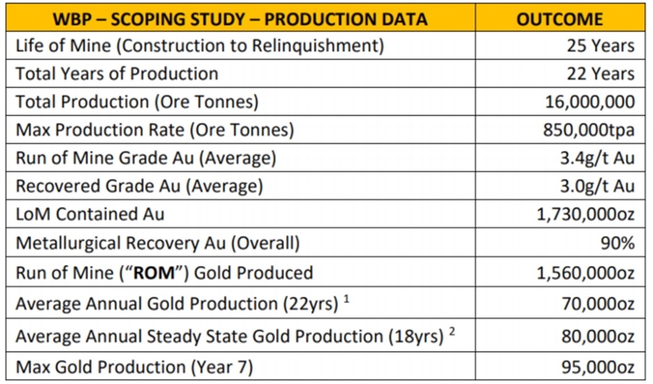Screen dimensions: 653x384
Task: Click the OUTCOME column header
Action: pos(560,19)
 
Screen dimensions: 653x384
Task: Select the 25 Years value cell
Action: pos(600,46)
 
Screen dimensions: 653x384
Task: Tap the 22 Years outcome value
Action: pos(600,74)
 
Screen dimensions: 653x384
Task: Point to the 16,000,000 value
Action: pos(590,102)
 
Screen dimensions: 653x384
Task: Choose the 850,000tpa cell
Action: pos(589,130)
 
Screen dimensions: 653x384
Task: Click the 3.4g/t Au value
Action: pos(597,158)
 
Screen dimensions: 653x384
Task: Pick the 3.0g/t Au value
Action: pos(597,186)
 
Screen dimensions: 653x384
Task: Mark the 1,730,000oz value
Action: pos(586,215)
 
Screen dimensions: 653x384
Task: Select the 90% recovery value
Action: pos(618,242)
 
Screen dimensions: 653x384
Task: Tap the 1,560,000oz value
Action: pos(586,273)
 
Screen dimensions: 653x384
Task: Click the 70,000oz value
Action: pos(598,304)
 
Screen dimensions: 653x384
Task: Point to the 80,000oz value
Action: pos(598,337)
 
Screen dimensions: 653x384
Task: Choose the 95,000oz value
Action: pos(598,367)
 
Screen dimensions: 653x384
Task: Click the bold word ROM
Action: pos(154,273)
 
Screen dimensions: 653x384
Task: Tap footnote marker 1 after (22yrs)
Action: pos(346,299)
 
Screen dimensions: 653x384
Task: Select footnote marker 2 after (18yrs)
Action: pos(452,332)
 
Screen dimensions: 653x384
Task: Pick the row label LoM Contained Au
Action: pos(90,215)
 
